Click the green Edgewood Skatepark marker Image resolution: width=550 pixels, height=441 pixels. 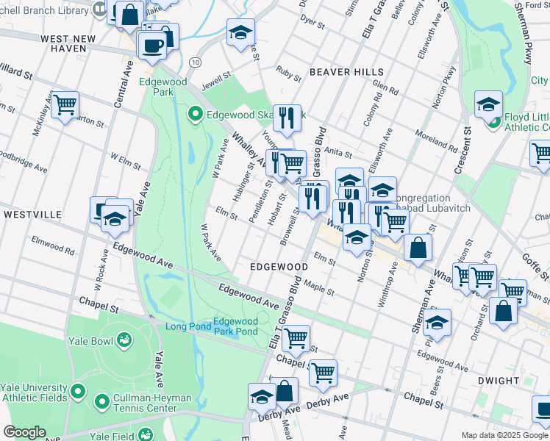click(196, 114)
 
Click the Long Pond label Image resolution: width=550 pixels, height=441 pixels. click(187, 327)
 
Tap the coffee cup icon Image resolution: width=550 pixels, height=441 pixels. click(153, 45)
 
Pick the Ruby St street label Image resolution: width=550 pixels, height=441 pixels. click(288, 73)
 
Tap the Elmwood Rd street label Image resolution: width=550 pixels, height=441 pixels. click(53, 246)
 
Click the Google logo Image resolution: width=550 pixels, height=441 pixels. click(24, 432)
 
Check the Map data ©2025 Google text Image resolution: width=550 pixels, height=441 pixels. click(504, 435)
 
